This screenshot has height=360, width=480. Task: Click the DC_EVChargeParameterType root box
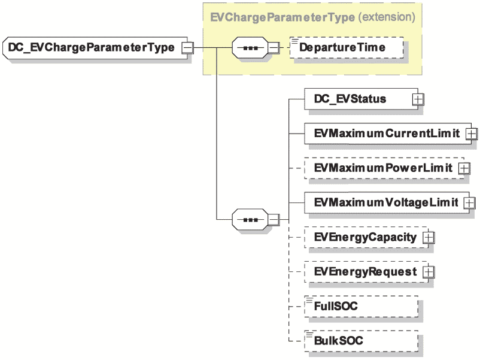(95, 48)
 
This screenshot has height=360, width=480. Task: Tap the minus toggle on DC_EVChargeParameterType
(187, 48)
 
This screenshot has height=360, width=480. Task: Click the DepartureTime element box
(346, 47)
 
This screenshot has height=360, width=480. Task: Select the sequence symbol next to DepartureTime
(250, 48)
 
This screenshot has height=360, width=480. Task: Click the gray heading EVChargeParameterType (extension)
(312, 17)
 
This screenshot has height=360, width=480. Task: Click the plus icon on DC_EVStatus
(418, 99)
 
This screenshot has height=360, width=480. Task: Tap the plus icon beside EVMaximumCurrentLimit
(472, 134)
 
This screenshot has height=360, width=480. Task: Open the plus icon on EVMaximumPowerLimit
(464, 168)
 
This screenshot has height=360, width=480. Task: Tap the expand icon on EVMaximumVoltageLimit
(470, 203)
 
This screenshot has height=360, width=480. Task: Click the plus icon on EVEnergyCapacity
(429, 237)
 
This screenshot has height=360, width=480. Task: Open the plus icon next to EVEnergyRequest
(429, 272)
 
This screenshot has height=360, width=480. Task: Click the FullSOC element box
(361, 306)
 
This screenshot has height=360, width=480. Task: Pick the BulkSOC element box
(361, 341)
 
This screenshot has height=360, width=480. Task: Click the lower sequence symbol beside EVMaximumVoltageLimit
(250, 220)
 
